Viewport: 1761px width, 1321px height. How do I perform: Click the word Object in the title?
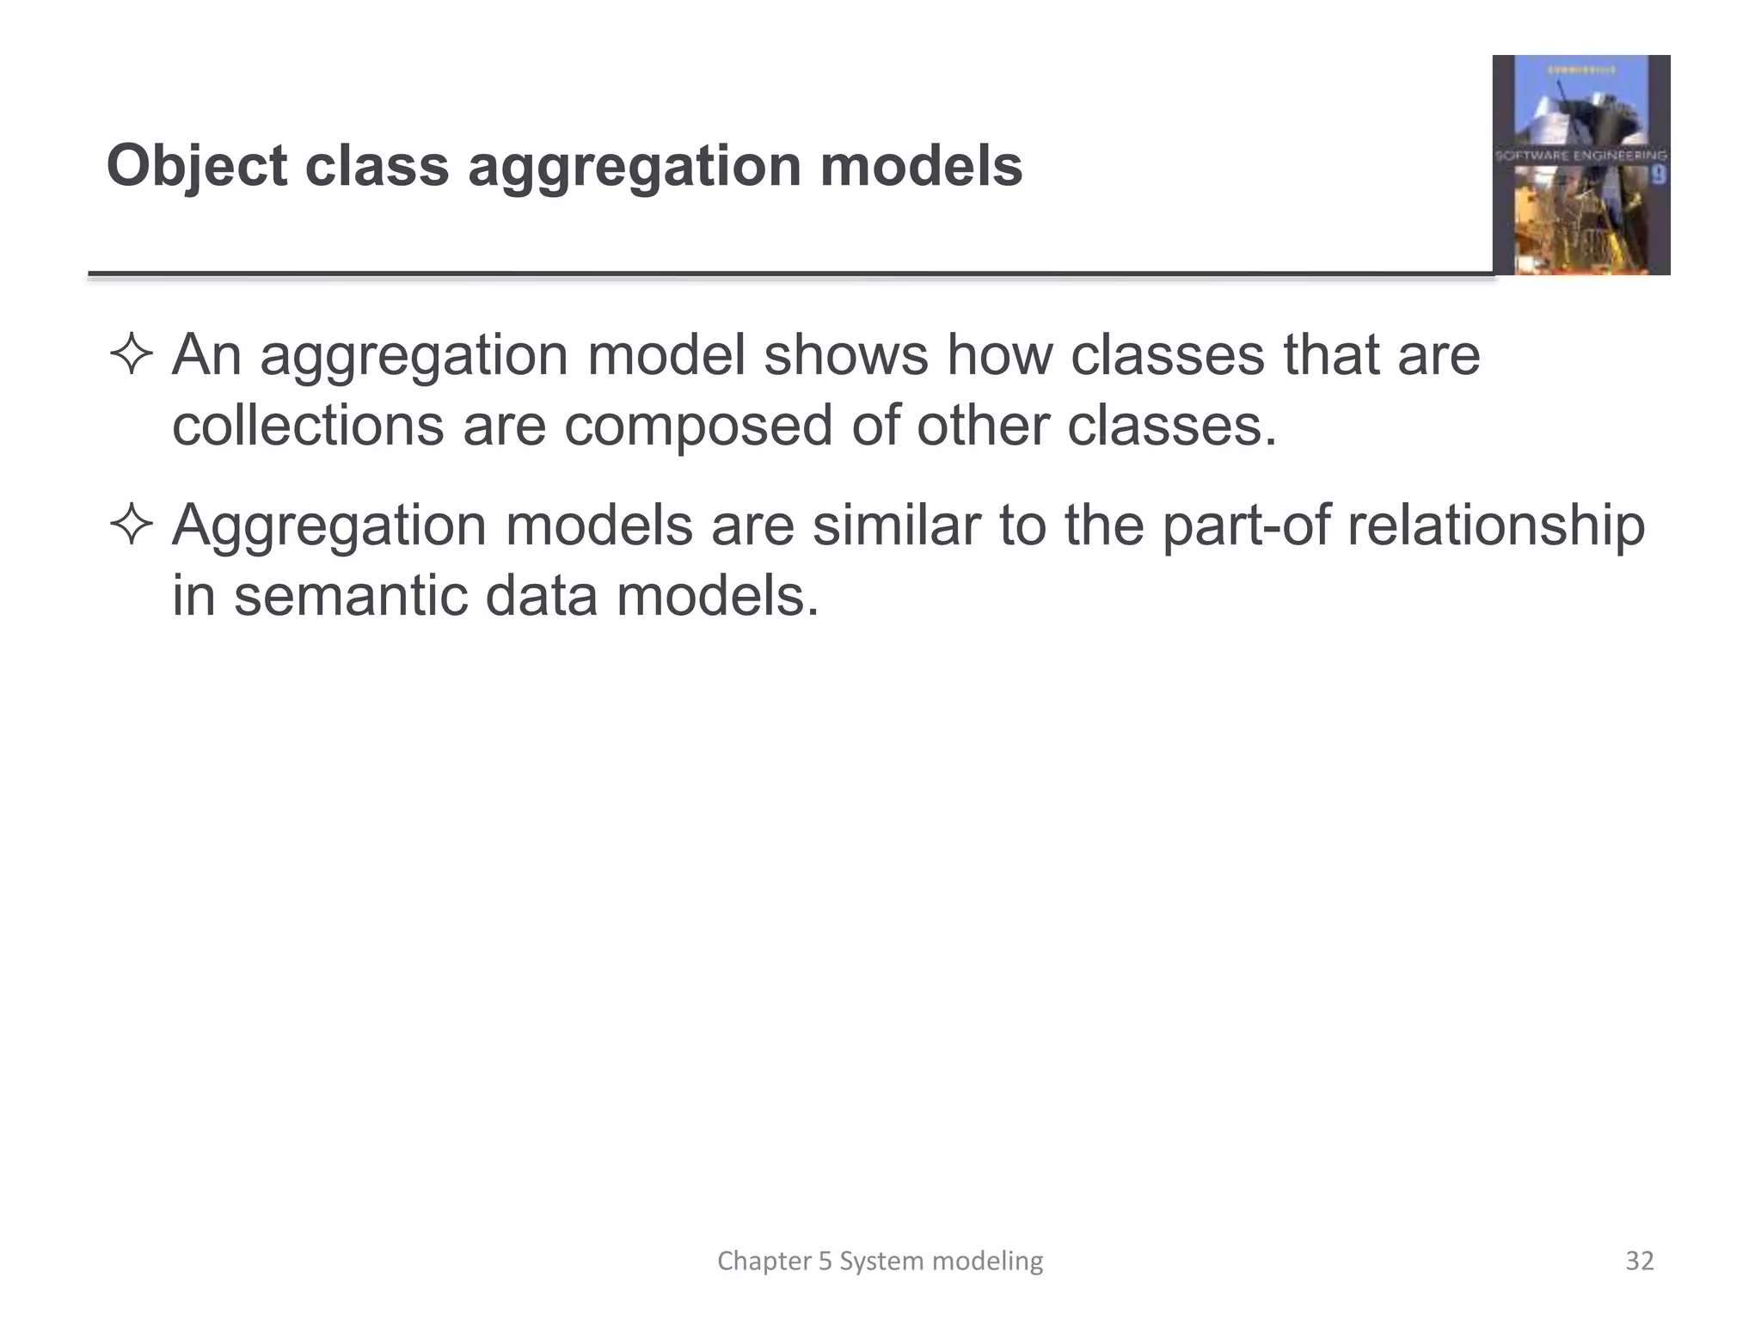196,166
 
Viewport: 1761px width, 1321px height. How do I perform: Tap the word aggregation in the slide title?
635,166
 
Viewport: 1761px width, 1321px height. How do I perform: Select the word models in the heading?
921,166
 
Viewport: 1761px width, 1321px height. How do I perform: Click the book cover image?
1580,165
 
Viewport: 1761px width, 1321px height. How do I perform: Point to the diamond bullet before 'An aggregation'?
131,355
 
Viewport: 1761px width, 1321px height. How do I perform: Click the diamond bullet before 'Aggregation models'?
131,525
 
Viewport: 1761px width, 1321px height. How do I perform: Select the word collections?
308,425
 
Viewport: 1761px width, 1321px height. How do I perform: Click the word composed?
698,425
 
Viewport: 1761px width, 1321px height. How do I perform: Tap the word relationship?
1495,525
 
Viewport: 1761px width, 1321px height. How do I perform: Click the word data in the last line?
541,595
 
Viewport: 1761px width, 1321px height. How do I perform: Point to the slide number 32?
1640,1261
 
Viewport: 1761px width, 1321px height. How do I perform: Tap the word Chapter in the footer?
764,1261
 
